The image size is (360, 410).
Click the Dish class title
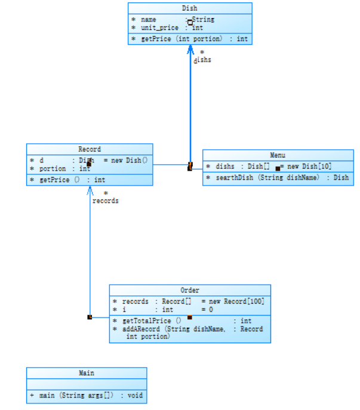tap(189, 8)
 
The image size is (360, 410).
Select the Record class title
tap(90, 149)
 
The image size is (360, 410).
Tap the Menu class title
tap(278, 155)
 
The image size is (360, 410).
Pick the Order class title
tap(190, 290)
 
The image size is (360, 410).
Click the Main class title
tap(87, 373)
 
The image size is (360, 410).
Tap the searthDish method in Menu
tap(281, 177)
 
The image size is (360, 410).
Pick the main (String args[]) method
tap(87, 395)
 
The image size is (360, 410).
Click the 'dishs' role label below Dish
tap(202, 60)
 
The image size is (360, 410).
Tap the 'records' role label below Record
tap(105, 201)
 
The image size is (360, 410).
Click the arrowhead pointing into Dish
tap(190, 48)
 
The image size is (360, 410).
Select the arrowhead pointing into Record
tap(90, 190)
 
